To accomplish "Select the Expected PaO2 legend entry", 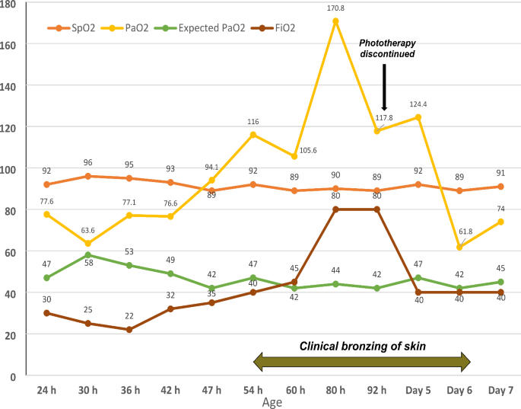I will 210,29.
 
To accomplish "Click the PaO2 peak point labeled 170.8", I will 335,21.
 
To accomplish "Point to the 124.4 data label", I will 417,104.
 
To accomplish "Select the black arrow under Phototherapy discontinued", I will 386,88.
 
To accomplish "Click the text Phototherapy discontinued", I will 386,48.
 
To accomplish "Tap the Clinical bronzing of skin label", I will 361,346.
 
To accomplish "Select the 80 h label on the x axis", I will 335,390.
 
